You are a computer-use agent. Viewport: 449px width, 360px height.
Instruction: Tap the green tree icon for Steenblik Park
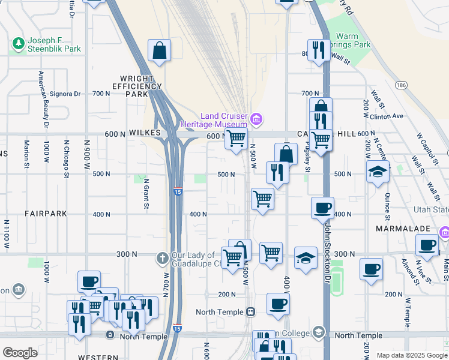pyautogui.click(x=18, y=43)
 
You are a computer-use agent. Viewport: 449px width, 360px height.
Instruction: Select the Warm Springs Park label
pyautogui.click(x=353, y=40)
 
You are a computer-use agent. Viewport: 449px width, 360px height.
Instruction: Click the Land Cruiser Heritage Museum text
pyautogui.click(x=214, y=120)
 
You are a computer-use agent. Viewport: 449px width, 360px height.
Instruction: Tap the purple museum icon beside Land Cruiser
pyautogui.click(x=256, y=119)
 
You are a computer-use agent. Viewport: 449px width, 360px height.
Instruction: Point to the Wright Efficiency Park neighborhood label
pyautogui.click(x=141, y=86)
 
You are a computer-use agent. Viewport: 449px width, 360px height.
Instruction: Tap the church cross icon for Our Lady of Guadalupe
pyautogui.click(x=161, y=259)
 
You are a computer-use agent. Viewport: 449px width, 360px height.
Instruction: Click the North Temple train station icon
pyautogui.click(x=250, y=312)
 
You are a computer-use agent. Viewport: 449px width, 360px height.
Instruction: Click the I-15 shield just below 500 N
pyautogui.click(x=177, y=191)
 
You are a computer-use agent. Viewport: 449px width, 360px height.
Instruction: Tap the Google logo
pyautogui.click(x=20, y=353)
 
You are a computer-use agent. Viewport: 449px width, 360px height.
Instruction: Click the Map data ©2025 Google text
pyautogui.click(x=411, y=355)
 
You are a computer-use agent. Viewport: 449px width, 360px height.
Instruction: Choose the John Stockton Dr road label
pyautogui.click(x=327, y=246)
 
